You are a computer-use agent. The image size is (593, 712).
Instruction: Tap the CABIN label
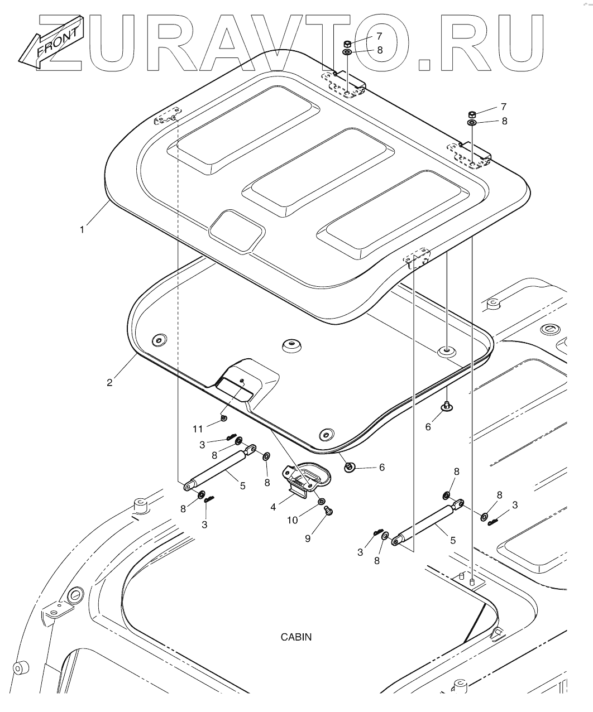[x=296, y=637]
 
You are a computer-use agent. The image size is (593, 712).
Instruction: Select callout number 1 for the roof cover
[x=82, y=229]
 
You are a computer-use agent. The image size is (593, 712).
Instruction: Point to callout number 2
[x=110, y=382]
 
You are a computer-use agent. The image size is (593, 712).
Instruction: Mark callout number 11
[x=197, y=429]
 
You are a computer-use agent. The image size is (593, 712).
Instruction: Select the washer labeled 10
[x=322, y=502]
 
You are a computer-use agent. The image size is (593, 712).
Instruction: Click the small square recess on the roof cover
[x=237, y=230]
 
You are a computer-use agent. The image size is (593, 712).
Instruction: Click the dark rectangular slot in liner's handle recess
[x=234, y=388]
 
